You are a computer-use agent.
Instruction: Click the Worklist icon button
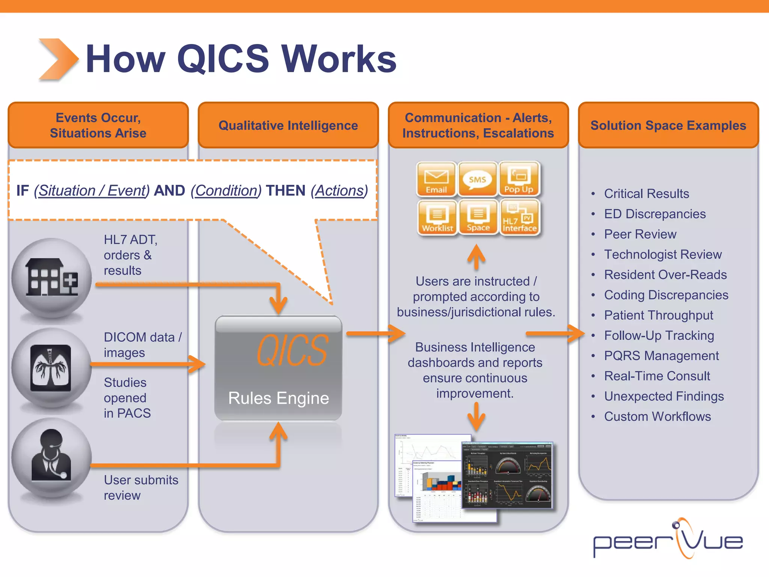[x=437, y=218]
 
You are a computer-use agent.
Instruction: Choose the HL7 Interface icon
[x=520, y=218]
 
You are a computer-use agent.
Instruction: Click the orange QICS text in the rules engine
[x=292, y=350]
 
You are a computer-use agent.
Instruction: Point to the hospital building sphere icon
[x=51, y=278]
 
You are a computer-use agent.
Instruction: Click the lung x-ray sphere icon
[x=51, y=368]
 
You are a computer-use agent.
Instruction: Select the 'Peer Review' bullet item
[x=640, y=234]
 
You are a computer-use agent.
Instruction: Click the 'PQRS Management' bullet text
[x=661, y=356]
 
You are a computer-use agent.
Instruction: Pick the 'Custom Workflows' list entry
[x=657, y=417]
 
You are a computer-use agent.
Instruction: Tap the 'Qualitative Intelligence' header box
[x=288, y=125]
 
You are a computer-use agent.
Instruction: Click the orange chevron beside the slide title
[x=58, y=59]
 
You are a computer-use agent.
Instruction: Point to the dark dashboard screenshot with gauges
[x=507, y=475]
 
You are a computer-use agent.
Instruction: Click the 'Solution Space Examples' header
[x=668, y=125]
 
